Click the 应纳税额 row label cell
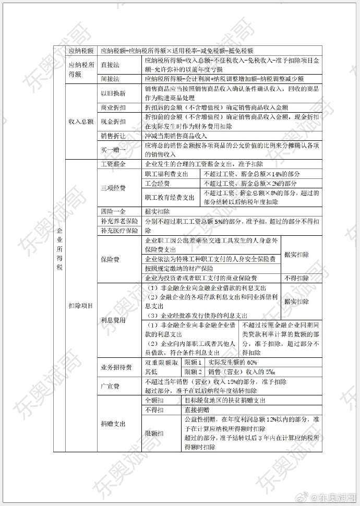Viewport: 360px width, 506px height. tap(81, 51)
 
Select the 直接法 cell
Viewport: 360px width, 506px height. tap(112, 65)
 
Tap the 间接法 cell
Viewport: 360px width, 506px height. tap(112, 79)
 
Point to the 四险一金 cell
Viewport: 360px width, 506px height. tap(113, 212)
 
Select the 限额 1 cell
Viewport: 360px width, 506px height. tap(193, 363)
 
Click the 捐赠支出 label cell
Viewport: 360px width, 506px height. tap(113, 424)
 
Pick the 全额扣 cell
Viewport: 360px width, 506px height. tap(155, 401)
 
